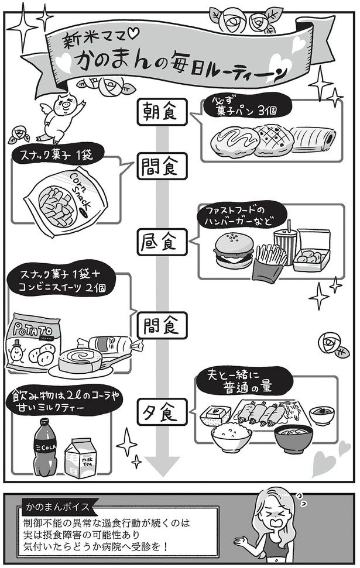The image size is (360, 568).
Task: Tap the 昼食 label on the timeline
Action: tap(160, 241)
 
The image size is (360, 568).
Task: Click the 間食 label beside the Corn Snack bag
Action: tap(160, 167)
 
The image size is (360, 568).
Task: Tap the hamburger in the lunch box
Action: tap(234, 251)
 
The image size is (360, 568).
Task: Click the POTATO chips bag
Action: tap(35, 345)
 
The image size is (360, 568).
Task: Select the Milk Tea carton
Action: tap(85, 456)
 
